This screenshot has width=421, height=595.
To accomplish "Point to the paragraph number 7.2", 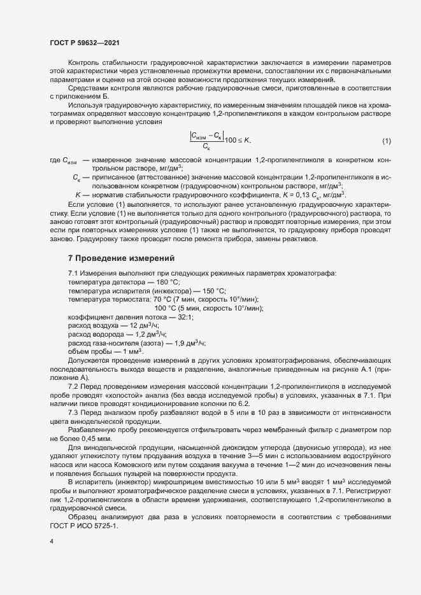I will click(73, 387).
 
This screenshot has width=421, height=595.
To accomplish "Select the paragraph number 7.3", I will click(73, 412).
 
